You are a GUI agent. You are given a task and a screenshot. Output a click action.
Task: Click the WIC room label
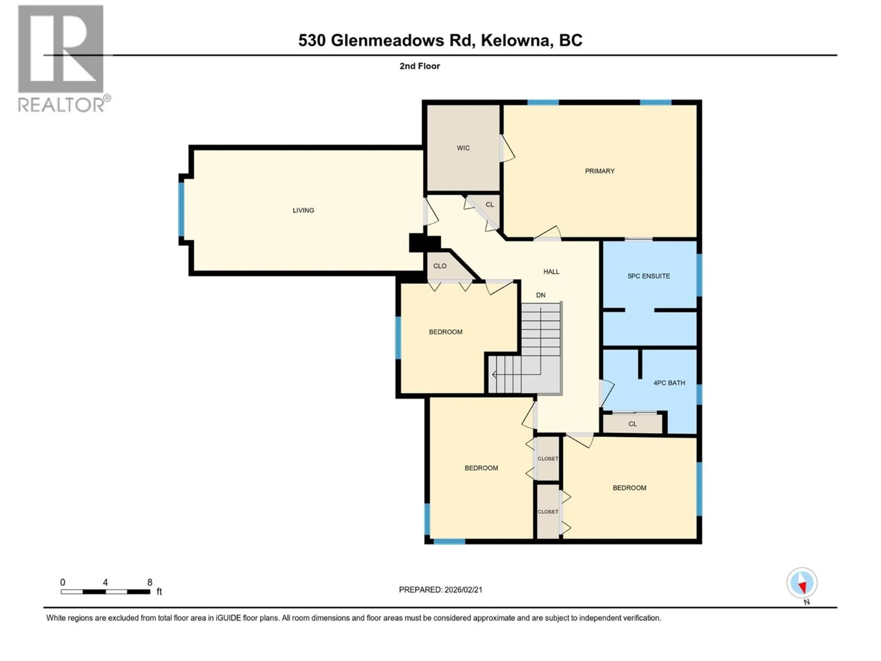(463, 148)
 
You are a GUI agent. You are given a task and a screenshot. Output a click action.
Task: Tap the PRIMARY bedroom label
(599, 171)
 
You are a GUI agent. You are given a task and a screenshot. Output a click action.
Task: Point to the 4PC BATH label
(669, 383)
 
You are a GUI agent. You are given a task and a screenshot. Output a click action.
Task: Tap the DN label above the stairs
(541, 295)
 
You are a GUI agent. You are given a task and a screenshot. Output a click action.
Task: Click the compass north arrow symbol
(802, 583)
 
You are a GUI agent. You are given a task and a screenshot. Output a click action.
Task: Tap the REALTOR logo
(62, 58)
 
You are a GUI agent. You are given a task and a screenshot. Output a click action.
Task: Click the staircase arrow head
(494, 375)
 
